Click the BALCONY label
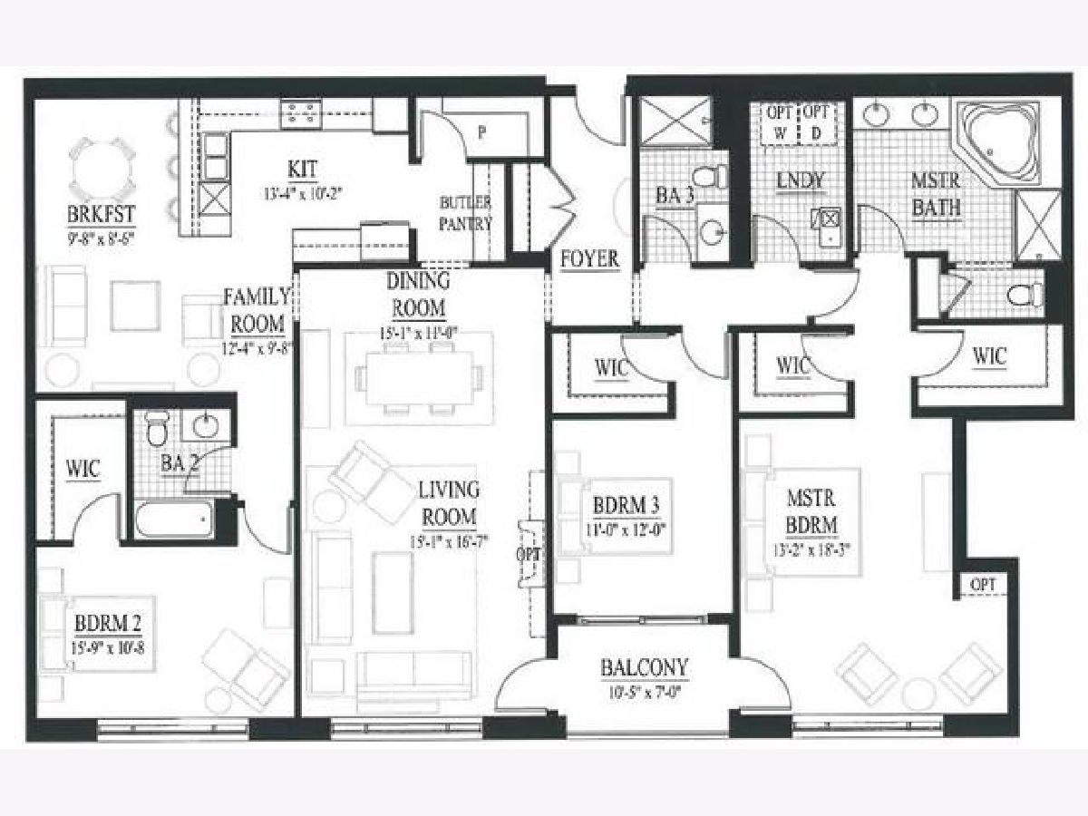pyautogui.click(x=644, y=668)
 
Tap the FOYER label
pyautogui.click(x=589, y=258)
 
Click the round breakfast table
pyautogui.click(x=106, y=168)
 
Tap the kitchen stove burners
pyautogui.click(x=302, y=112)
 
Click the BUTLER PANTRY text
pyautogui.click(x=466, y=212)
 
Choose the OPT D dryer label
pyautogui.click(x=816, y=121)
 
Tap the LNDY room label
pyautogui.click(x=801, y=180)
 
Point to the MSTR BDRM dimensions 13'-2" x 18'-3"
pyautogui.click(x=811, y=549)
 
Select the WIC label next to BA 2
pyautogui.click(x=83, y=471)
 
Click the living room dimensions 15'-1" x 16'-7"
pyautogui.click(x=448, y=544)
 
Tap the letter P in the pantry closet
pyautogui.click(x=482, y=131)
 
